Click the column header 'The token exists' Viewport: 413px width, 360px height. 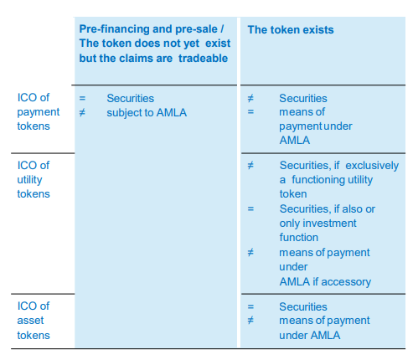(291, 30)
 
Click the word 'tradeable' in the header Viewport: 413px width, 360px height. (203, 59)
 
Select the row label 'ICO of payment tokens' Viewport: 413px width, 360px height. (39, 111)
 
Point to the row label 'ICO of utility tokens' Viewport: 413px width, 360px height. (34, 179)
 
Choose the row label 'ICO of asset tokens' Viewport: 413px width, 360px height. (34, 321)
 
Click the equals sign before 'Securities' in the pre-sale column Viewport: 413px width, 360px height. (82, 98)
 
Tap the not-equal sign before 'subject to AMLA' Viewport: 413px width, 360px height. (82, 113)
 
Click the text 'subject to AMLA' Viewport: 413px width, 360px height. (147, 113)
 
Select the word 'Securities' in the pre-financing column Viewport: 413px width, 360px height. (130, 98)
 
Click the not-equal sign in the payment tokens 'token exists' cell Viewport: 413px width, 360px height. (250, 98)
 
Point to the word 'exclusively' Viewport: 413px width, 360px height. (372, 166)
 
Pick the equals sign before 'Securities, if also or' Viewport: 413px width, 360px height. (250, 208)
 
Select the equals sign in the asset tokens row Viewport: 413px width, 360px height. (250, 306)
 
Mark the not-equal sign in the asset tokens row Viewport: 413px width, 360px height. (250, 321)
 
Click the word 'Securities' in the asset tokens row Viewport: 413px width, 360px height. (303, 306)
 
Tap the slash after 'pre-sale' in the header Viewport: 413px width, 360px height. (222, 29)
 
